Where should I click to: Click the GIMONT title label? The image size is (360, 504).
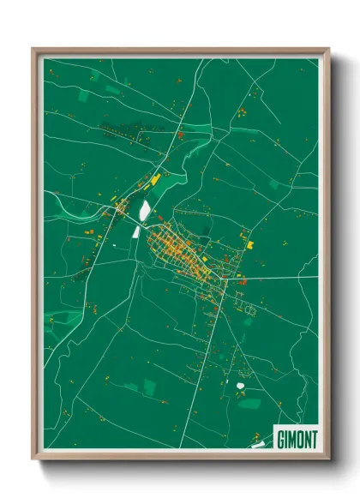297,438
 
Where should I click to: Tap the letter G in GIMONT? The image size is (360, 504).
280,438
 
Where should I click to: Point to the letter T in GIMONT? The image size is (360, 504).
315,438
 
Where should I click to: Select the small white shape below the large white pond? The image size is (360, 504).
136,231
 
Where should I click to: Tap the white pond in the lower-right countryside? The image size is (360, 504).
241,386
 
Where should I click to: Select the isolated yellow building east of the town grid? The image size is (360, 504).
250,245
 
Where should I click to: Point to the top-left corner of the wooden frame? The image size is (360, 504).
33,50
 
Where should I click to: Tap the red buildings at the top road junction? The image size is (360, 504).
180,134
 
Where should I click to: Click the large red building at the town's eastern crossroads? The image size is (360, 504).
243,281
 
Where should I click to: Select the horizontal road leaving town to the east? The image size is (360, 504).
274,278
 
